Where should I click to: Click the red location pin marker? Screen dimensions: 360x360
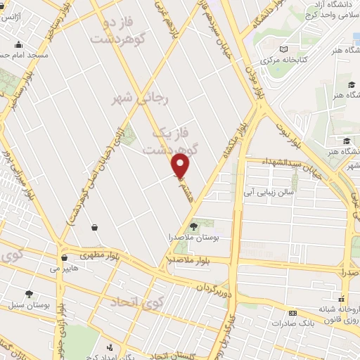181,166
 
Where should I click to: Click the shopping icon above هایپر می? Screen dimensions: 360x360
64,257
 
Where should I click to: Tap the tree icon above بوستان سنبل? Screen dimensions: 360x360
29,294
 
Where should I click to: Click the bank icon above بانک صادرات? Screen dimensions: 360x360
292,313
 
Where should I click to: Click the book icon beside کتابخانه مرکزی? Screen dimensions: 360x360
283,50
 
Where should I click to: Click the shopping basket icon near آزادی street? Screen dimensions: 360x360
94,226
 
